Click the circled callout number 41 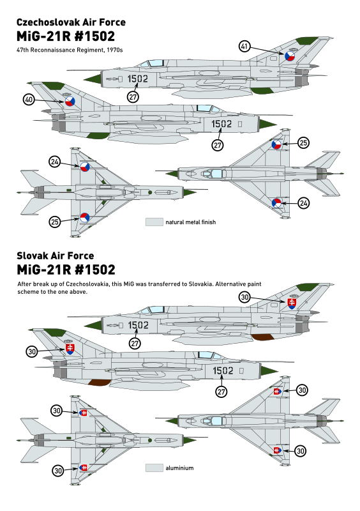(x=244, y=46)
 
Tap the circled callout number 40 (x=29, y=100)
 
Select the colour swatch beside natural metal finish (x=154, y=222)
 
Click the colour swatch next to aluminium (x=154, y=468)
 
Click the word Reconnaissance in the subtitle (x=53, y=50)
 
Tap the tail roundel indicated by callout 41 (x=290, y=56)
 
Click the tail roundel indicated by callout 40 (x=70, y=102)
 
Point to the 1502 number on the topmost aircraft (x=137, y=79)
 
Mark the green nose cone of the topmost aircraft (x=93, y=79)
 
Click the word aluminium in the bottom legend (x=179, y=468)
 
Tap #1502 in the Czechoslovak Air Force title (x=95, y=36)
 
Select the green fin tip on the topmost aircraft (x=307, y=41)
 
